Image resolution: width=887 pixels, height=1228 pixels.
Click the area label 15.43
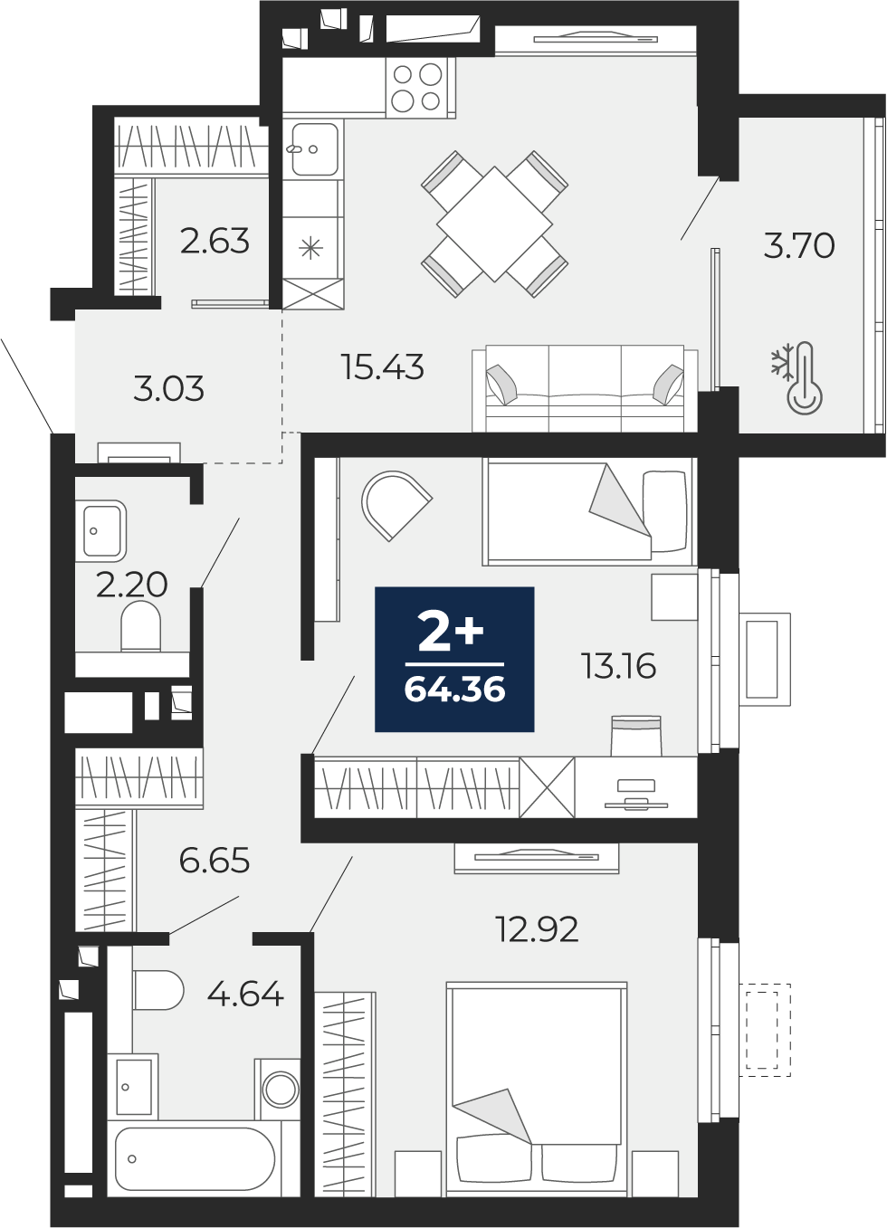(x=382, y=367)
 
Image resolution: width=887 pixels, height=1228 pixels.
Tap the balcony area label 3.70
(x=798, y=245)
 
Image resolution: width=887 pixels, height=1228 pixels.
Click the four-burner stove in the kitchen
(x=418, y=88)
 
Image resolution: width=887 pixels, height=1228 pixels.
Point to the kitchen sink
(x=313, y=149)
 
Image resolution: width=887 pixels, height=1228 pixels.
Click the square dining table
(x=494, y=224)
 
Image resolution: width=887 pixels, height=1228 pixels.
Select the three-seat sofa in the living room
(x=584, y=388)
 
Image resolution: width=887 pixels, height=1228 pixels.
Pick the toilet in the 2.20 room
(x=140, y=625)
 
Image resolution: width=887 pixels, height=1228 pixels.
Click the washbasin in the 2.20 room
(x=102, y=529)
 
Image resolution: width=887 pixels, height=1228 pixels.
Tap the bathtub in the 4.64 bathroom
(x=195, y=1158)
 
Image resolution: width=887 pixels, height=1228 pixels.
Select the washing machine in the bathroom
(x=279, y=1089)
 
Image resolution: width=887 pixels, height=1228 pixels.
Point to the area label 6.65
(x=214, y=861)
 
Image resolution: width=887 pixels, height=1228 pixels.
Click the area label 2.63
(x=215, y=242)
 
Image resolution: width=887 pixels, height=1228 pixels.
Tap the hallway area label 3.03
(x=168, y=389)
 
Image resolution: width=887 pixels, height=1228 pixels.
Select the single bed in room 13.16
(x=588, y=510)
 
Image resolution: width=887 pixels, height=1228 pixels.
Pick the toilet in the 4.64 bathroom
(x=157, y=990)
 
